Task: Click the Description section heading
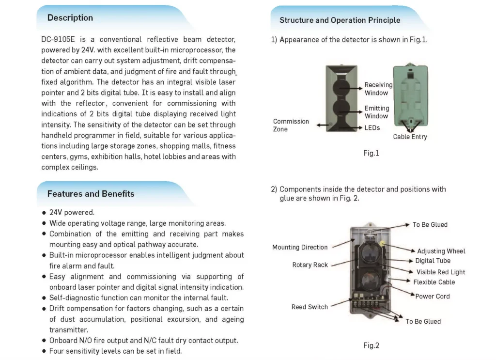click(70, 18)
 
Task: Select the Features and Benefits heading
click(91, 194)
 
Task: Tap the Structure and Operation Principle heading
click(340, 20)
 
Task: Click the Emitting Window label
click(376, 112)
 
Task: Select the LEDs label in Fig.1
click(372, 128)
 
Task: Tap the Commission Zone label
click(291, 125)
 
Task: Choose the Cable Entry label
click(410, 137)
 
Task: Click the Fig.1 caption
click(371, 153)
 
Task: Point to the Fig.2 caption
click(371, 345)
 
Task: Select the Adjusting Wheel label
click(441, 251)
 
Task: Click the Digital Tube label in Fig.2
click(433, 261)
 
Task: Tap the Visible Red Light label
click(440, 272)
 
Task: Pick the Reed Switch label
click(310, 307)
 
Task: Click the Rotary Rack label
click(310, 265)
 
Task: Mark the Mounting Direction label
click(300, 247)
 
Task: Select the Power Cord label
click(432, 296)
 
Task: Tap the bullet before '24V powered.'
click(45, 213)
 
